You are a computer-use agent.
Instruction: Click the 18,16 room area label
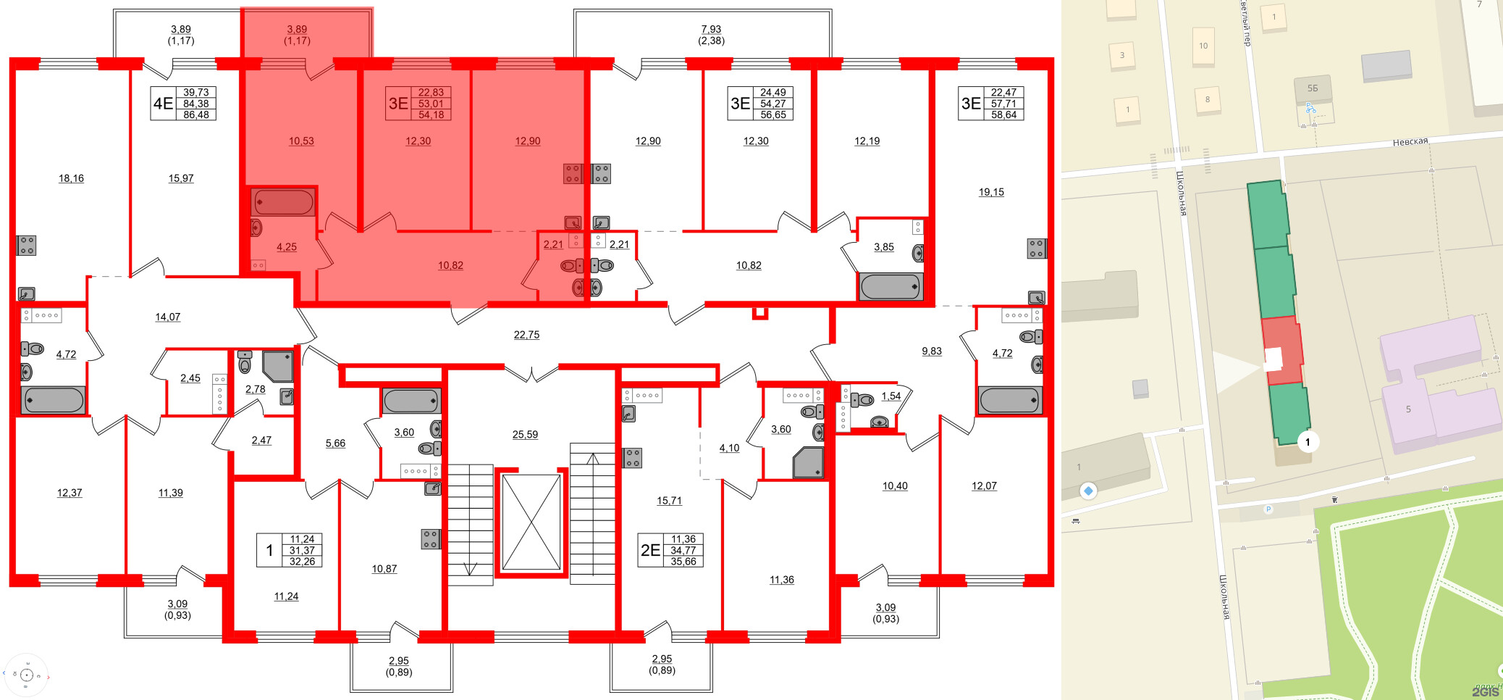71,178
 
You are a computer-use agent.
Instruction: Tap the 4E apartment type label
163,104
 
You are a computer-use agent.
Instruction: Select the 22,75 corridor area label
526,335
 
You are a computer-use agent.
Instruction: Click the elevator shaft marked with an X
531,522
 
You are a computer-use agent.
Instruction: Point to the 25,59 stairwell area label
525,435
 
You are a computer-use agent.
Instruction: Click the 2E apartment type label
650,550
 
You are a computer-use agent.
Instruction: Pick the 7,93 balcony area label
711,30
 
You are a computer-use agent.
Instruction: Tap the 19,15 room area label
991,192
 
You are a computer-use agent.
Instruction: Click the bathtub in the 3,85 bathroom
891,287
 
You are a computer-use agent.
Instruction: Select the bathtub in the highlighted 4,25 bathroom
283,202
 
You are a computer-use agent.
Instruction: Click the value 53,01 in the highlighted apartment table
431,104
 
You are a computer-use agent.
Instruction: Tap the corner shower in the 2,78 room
279,366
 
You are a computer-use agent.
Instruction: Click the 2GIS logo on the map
1485,692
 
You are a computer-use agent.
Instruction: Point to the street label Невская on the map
1410,142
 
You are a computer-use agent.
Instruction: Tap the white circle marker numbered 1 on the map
1308,442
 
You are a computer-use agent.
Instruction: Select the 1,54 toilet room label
891,396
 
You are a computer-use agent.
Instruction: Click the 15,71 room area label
669,501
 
